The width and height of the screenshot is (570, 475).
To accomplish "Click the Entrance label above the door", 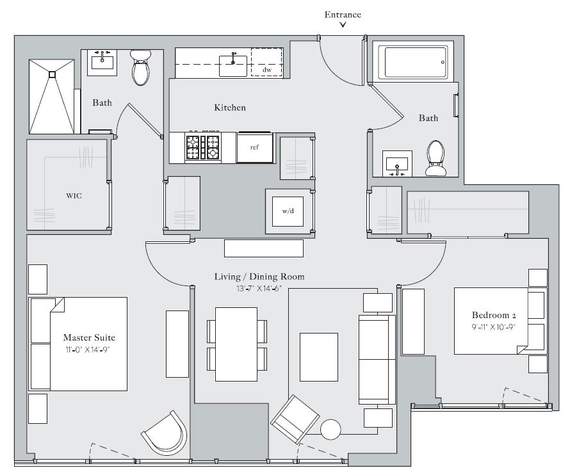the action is point(343,14).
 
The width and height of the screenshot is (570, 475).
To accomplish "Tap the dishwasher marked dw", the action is point(266,62).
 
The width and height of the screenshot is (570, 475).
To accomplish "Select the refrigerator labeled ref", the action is point(254,147).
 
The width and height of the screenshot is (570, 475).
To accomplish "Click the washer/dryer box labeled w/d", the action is point(288,211).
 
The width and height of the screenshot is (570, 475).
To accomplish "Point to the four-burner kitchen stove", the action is point(202,147).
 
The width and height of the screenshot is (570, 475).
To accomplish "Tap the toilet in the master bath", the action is point(140,68).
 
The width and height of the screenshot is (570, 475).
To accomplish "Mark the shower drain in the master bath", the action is point(53,73).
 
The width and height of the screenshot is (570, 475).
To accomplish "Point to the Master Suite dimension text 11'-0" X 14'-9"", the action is point(88,349).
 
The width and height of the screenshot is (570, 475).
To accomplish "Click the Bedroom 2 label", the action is point(494,315).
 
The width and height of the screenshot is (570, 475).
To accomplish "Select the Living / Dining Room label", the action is point(259,277).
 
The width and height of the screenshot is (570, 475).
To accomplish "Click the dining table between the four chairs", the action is point(236,343).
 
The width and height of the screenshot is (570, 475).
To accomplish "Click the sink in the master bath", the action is point(102,61).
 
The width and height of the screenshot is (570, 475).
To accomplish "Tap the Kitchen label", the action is point(229,108).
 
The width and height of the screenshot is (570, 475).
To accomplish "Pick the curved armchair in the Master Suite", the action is point(164,433).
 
